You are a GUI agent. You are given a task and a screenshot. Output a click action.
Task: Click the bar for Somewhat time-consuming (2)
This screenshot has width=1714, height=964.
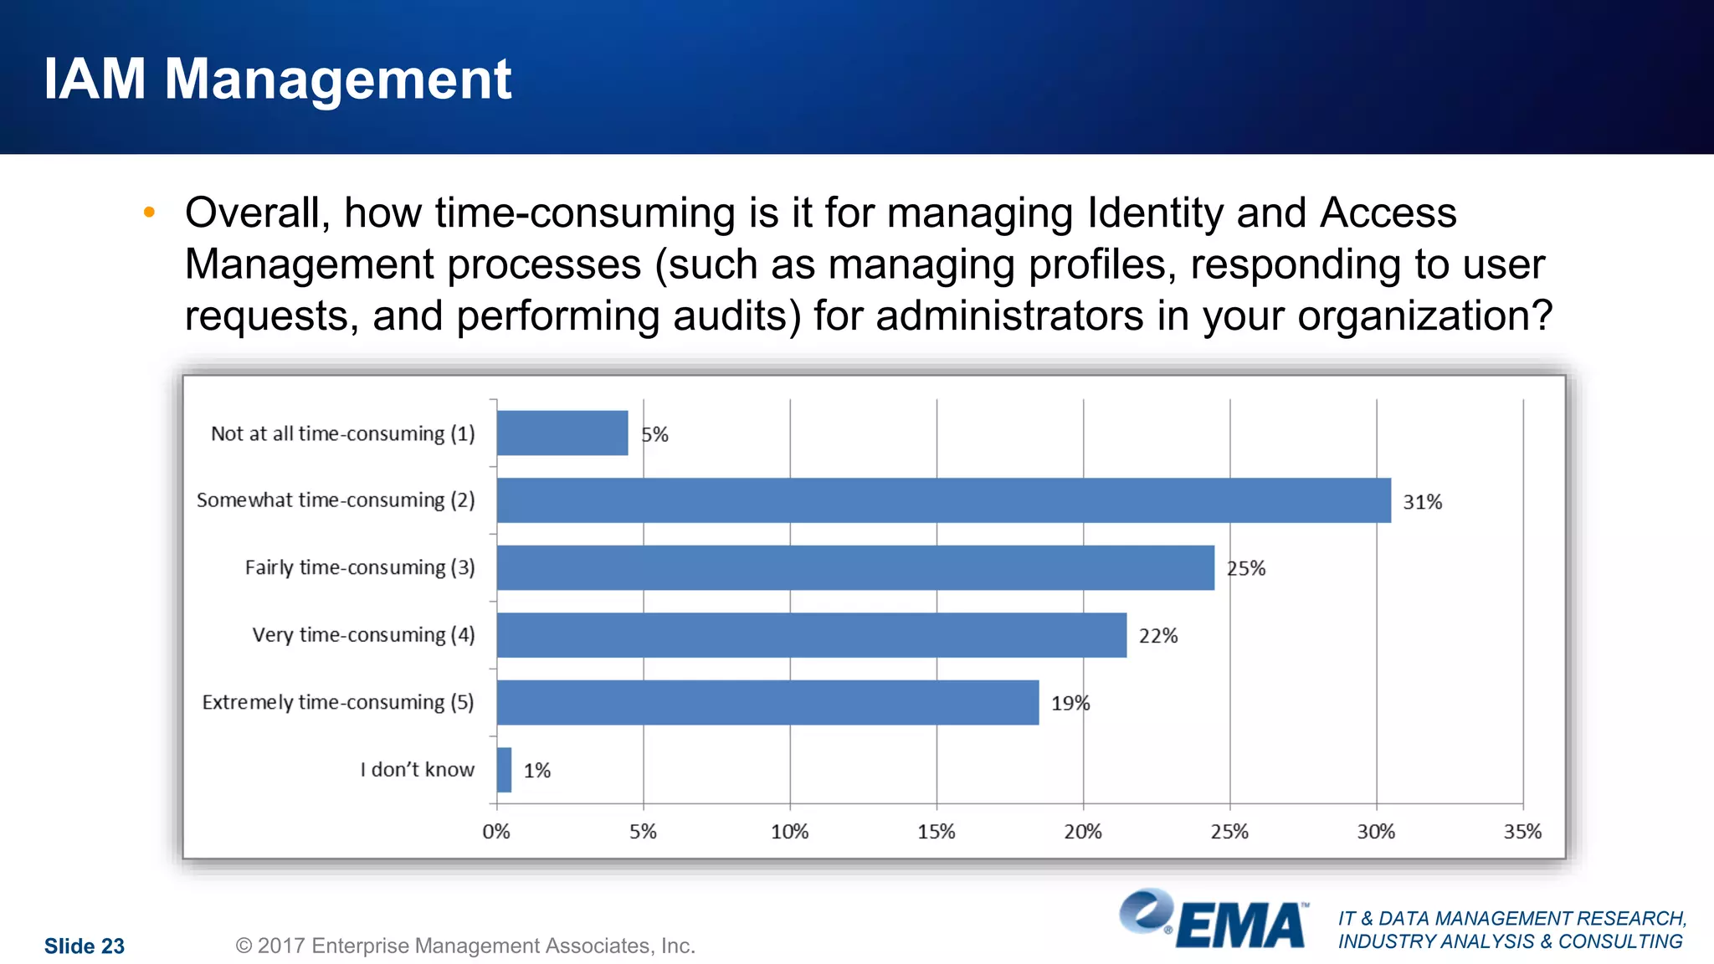coord(943,500)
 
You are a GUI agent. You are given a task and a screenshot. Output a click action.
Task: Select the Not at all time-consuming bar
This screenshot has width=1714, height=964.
coord(562,433)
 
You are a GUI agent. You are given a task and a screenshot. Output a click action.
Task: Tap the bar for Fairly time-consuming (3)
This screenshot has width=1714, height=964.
coord(854,567)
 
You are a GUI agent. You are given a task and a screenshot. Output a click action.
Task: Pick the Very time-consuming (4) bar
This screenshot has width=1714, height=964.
coord(811,635)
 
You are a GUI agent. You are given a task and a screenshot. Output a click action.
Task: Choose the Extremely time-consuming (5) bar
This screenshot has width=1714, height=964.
coord(767,702)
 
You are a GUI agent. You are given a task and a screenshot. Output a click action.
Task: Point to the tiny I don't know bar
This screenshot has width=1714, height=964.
coord(504,770)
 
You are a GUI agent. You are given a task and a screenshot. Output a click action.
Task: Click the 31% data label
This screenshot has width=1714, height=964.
coord(1422,502)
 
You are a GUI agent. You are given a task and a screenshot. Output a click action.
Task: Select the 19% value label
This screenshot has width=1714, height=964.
coord(1070,704)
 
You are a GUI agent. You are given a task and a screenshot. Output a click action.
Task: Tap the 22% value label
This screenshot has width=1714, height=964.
coord(1157,636)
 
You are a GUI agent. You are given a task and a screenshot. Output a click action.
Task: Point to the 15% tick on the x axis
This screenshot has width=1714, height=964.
coord(936,832)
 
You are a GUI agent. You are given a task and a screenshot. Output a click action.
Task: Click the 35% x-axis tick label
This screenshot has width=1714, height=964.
coord(1522,832)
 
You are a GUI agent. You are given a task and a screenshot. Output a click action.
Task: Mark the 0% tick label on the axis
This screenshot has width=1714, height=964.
coord(496,832)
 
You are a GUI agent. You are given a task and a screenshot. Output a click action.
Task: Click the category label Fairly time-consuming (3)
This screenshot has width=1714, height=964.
coord(359,567)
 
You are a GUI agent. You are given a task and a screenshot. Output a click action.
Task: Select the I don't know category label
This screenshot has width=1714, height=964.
coord(417,770)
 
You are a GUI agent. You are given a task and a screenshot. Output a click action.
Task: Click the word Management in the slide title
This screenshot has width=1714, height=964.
coord(337,79)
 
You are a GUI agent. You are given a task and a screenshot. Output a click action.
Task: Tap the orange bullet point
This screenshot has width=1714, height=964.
coord(149,213)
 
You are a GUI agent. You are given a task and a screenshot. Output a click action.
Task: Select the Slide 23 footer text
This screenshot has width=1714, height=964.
coord(84,946)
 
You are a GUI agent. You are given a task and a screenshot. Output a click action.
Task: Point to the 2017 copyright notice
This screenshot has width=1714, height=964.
coord(465,946)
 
